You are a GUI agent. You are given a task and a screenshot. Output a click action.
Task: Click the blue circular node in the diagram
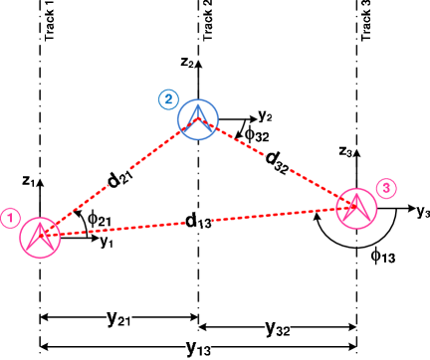pyautogui.click(x=198, y=119)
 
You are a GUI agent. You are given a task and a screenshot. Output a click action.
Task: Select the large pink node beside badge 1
pyautogui.click(x=41, y=237)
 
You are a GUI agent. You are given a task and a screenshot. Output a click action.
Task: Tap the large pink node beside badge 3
pyautogui.click(x=356, y=209)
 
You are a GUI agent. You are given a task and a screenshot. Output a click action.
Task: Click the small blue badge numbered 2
pyautogui.click(x=168, y=99)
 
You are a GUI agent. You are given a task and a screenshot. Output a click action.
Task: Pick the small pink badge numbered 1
pyautogui.click(x=10, y=218)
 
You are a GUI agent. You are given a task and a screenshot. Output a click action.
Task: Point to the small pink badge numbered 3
pyautogui.click(x=387, y=188)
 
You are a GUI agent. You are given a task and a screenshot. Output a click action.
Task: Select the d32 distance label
pyautogui.click(x=278, y=161)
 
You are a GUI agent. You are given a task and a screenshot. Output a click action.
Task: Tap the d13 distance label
pyautogui.click(x=198, y=220)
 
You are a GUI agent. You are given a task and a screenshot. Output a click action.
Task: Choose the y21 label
pyautogui.click(x=119, y=318)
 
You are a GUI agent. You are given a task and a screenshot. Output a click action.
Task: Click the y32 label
pyautogui.click(x=277, y=327)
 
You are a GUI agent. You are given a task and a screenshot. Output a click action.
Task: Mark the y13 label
pyautogui.click(x=198, y=347)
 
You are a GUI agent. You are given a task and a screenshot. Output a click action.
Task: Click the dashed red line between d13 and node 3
pyautogui.click(x=279, y=214)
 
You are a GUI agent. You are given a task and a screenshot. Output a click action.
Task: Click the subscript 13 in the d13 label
pyautogui.click(x=204, y=223)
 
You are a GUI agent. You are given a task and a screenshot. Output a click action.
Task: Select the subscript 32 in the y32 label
pyautogui.click(x=283, y=330)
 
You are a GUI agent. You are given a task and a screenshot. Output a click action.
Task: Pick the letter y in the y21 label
pyautogui.click(x=111, y=317)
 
